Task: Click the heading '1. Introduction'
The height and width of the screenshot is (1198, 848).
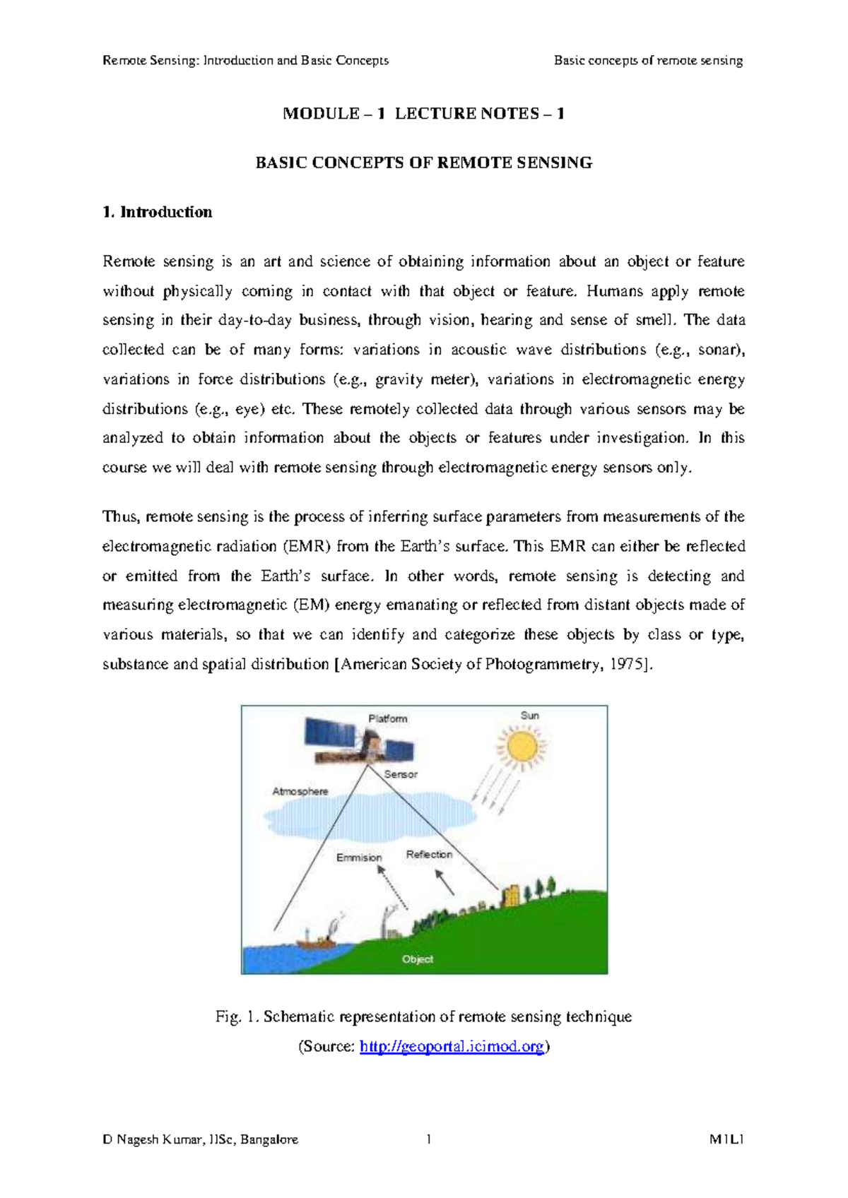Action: point(157,212)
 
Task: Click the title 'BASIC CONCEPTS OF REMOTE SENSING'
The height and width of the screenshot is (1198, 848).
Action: point(423,162)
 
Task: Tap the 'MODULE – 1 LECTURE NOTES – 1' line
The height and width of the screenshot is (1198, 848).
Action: point(423,114)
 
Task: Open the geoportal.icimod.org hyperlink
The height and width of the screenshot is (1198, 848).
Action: point(452,1046)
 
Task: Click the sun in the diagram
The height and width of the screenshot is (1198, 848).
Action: point(522,747)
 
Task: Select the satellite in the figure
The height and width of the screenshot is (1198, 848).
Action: point(358,742)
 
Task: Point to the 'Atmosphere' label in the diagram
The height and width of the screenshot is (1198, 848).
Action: point(300,791)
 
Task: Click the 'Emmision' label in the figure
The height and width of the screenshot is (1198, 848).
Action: point(359,858)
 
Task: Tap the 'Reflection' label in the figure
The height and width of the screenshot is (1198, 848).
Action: point(429,855)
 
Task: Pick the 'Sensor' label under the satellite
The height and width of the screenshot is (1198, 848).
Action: point(401,774)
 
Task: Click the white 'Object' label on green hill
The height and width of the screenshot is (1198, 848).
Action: point(417,959)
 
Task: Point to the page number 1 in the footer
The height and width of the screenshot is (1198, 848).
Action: point(429,1139)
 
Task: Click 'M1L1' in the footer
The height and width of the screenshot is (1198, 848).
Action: point(727,1139)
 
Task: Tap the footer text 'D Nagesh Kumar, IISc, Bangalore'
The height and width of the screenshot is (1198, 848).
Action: point(200,1139)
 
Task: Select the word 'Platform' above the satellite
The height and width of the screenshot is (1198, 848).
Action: point(387,718)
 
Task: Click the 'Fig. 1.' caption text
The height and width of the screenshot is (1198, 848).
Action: point(237,1016)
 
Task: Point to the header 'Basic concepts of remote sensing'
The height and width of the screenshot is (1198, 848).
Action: point(648,60)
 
